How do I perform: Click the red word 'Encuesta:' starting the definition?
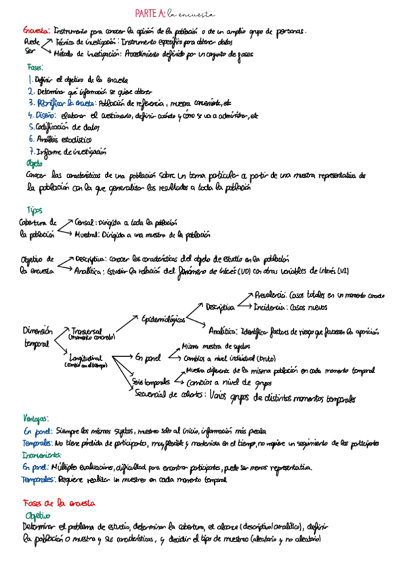[36, 31]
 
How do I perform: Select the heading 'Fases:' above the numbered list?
[36, 67]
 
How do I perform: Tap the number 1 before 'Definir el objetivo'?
[30, 79]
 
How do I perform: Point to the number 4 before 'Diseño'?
[31, 114]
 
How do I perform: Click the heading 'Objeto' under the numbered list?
[34, 163]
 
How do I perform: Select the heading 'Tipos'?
[34, 210]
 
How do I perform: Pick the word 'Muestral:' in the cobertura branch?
[89, 235]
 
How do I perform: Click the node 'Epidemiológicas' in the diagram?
[164, 318]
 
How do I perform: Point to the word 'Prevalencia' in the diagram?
[270, 295]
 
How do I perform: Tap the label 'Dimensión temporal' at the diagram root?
[37, 337]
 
